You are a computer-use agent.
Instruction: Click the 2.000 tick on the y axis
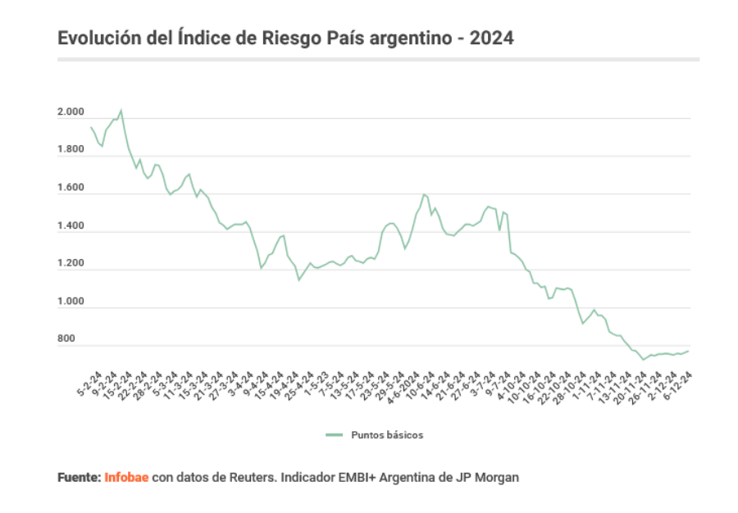tap(71, 112)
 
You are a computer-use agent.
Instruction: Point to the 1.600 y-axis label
tap(71, 188)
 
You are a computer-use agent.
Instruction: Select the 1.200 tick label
tap(71, 264)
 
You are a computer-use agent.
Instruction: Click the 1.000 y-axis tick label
tap(71, 302)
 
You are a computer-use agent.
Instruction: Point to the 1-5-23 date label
tap(315, 383)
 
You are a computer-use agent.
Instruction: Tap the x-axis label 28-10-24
tap(571, 384)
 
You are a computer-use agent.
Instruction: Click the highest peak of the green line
tap(121, 110)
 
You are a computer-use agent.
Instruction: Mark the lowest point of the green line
tap(644, 359)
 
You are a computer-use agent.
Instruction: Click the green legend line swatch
tap(333, 435)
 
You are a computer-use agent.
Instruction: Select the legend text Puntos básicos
tap(387, 435)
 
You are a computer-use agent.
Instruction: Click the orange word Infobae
tap(126, 477)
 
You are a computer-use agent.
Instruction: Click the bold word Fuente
tap(79, 477)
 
